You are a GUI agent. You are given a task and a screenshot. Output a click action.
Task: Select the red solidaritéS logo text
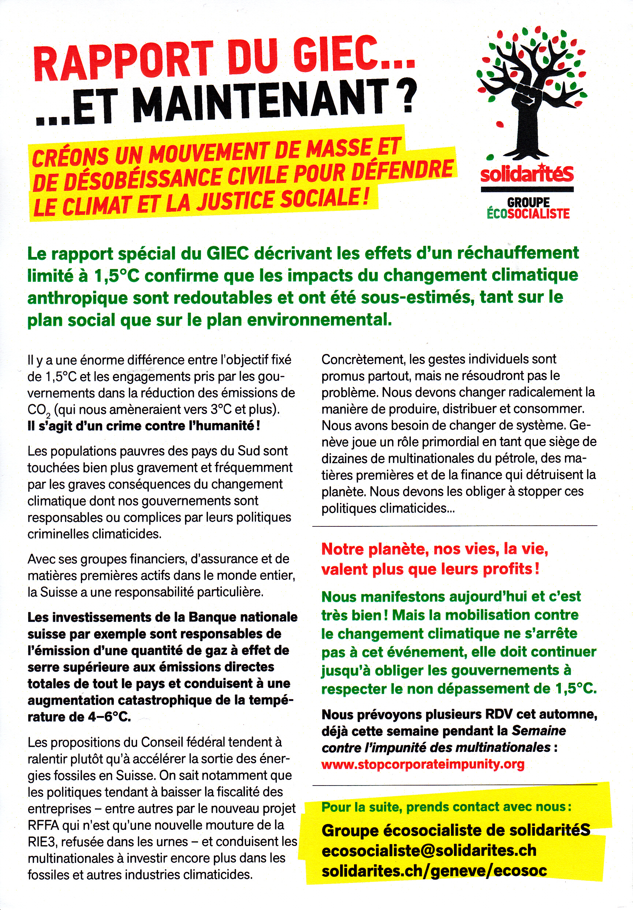(527, 174)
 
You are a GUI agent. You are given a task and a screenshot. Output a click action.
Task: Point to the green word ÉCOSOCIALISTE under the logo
(528, 214)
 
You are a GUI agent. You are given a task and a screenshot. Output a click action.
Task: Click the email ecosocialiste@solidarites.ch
(429, 851)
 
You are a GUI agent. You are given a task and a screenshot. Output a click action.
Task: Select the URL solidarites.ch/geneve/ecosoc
(434, 871)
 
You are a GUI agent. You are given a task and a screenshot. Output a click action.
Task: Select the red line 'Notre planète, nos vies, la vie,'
(435, 549)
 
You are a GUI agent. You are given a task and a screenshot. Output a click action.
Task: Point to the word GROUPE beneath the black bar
(528, 202)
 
